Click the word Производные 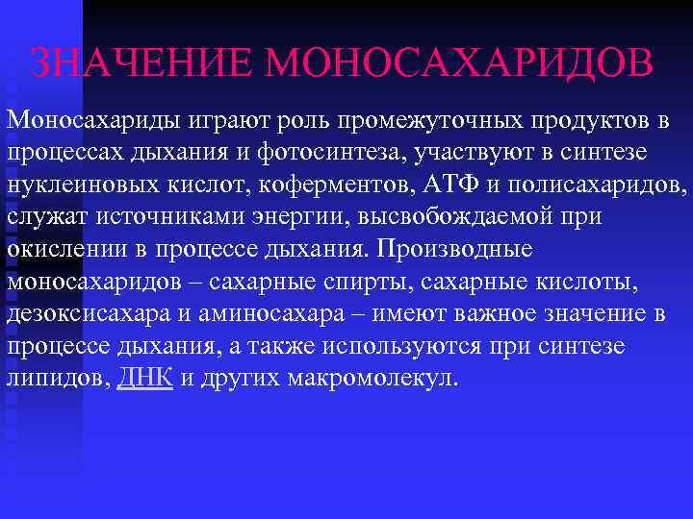tap(454, 248)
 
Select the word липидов tap(59, 378)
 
